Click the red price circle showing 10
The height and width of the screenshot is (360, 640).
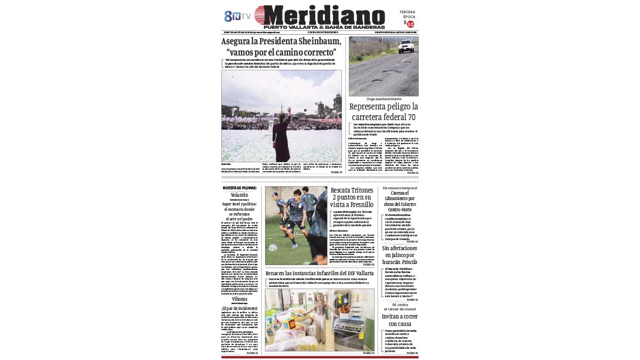[410, 24]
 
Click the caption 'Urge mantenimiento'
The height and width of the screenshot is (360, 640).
[383, 99]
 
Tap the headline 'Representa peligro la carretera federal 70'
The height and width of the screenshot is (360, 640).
[383, 112]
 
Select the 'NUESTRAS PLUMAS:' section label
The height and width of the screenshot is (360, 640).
[239, 188]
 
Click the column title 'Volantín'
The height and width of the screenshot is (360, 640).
[239, 195]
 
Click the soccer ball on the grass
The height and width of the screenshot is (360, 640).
[273, 247]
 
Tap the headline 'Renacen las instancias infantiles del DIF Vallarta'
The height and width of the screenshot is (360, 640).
[319, 273]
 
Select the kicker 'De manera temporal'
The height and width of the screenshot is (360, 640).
[400, 188]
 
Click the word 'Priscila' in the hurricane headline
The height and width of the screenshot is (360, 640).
[409, 262]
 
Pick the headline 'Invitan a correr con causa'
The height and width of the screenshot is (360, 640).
[399, 320]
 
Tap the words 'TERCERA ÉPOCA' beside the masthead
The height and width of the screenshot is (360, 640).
[407, 14]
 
